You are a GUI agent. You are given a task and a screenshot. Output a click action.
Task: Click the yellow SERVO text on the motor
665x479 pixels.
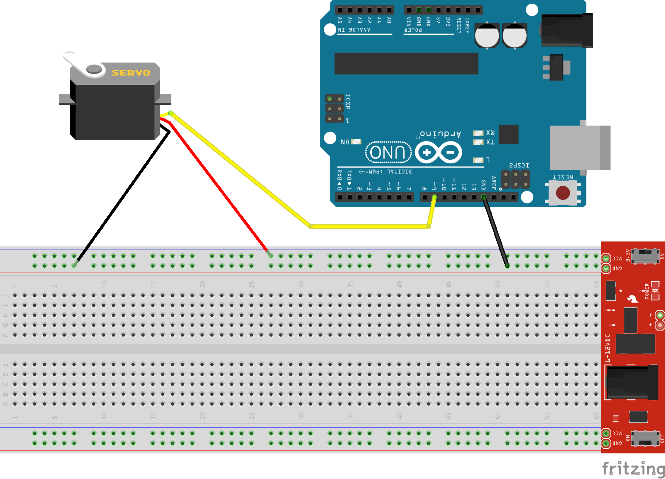click(x=131, y=73)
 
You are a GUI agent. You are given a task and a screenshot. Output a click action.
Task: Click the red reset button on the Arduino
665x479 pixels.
click(x=562, y=193)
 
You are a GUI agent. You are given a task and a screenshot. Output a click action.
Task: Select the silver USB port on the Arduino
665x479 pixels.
click(x=579, y=148)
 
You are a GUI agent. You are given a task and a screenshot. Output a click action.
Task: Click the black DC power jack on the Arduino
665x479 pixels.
click(x=566, y=30)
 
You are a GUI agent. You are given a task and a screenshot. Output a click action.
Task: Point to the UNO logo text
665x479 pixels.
click(x=388, y=152)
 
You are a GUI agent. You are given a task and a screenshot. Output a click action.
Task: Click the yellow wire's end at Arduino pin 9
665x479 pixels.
click(x=434, y=198)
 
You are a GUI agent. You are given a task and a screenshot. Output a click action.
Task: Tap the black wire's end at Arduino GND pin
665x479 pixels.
click(x=484, y=198)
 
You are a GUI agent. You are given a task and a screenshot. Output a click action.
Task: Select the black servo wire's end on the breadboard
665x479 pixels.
click(x=74, y=265)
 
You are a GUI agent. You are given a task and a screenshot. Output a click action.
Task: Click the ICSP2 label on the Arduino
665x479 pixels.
click(x=519, y=166)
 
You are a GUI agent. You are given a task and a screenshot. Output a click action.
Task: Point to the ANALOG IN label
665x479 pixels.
click(x=354, y=30)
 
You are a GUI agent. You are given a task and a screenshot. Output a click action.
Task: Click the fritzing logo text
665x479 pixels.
click(x=633, y=468)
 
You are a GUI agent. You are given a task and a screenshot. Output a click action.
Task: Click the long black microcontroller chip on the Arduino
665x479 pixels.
click(x=406, y=63)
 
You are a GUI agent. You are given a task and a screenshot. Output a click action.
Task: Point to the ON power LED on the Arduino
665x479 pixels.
click(x=356, y=142)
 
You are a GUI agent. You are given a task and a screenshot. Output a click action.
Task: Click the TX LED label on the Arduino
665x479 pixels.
click(x=490, y=142)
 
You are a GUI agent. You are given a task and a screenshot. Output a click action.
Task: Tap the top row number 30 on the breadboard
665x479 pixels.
click(x=301, y=284)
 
